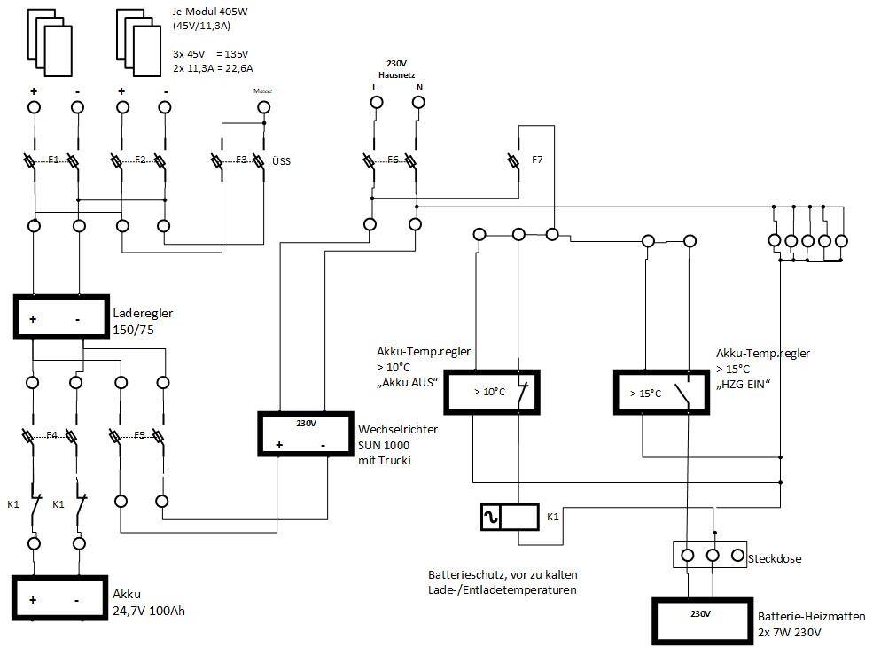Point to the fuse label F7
pos(537,160)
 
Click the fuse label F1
pos(53,160)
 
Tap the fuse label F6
pos(394,160)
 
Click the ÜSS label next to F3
pos(281,161)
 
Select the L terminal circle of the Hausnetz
pos(377,103)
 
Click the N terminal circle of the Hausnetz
pos(418,103)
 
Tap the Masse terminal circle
pos(264,107)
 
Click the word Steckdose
pos(775,558)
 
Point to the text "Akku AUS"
pos(408,383)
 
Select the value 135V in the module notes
pos(236,54)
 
